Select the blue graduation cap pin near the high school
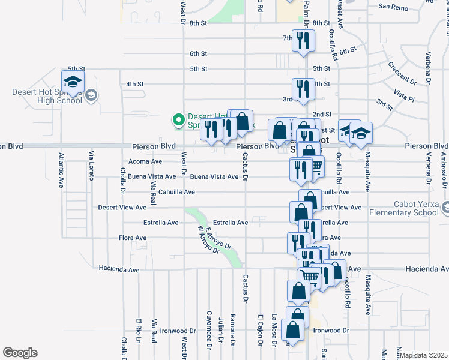(73, 82)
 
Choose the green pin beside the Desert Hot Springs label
(178, 121)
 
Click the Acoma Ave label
(145, 161)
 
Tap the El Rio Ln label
(139, 329)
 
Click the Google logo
(20, 353)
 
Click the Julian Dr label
(221, 330)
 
